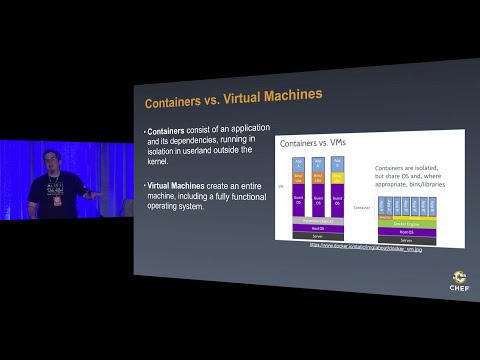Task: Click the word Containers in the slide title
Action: pyautogui.click(x=176, y=102)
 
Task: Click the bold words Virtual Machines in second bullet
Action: pyautogui.click(x=179, y=187)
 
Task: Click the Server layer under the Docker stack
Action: pyautogui.click(x=406, y=240)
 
